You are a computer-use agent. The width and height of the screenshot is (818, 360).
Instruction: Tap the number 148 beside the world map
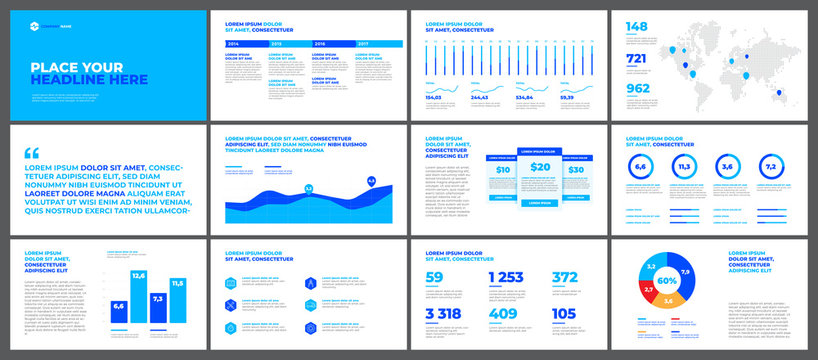tap(637, 26)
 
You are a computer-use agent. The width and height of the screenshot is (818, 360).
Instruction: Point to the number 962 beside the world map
tap(638, 88)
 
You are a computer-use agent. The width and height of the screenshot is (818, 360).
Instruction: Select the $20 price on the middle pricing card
tap(540, 168)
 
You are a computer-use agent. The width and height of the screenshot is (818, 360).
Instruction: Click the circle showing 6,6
tap(641, 167)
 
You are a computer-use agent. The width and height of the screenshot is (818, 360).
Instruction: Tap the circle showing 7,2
tap(771, 167)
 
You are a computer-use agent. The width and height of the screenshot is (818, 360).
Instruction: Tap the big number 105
tap(565, 314)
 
